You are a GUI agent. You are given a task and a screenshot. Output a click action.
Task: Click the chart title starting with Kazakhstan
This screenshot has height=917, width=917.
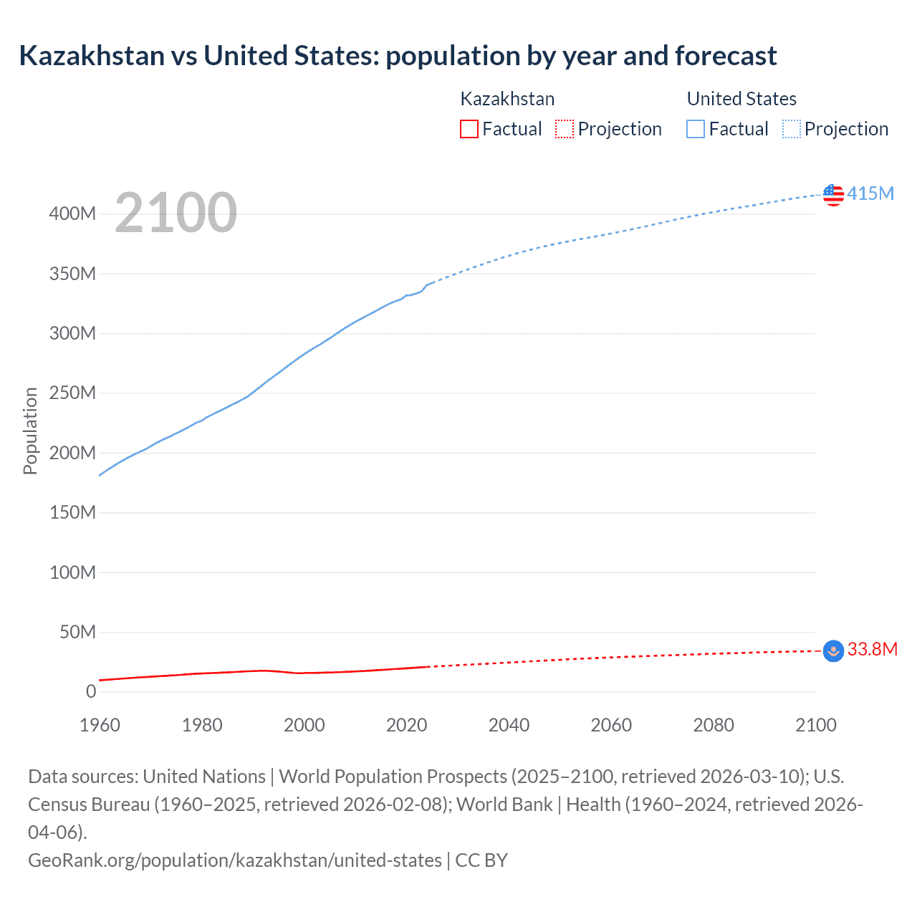coord(398,56)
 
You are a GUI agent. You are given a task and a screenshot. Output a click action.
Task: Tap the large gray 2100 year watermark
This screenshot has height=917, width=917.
coord(176,213)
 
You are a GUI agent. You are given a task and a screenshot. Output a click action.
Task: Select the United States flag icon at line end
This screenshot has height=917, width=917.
coord(833,194)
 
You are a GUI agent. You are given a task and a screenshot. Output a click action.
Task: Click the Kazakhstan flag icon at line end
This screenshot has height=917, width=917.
coord(833,650)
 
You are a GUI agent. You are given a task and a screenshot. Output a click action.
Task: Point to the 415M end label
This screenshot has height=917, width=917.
coord(870,193)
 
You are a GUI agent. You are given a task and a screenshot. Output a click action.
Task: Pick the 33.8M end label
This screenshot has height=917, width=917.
coord(872,649)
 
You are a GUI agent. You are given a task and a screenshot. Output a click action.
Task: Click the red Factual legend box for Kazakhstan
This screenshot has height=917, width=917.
coord(469,129)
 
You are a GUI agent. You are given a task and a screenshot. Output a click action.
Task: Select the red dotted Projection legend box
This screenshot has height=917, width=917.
coord(565,129)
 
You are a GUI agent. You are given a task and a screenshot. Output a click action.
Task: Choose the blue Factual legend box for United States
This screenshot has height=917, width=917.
coord(696,129)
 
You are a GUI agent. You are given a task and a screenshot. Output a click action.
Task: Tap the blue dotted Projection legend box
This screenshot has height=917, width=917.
coord(792,129)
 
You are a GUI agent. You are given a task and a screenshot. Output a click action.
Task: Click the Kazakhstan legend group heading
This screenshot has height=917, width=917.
coord(507,99)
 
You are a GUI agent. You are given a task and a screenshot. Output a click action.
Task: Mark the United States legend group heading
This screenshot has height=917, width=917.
coord(741,99)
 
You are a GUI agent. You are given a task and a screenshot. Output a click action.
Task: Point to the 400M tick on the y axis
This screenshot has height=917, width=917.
coord(72,213)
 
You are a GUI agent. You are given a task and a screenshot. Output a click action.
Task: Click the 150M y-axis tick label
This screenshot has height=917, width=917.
coord(72,512)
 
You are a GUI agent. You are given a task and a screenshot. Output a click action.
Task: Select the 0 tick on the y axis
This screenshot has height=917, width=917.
coord(91,691)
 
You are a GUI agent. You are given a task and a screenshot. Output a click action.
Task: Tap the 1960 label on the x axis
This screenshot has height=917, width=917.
coord(100,725)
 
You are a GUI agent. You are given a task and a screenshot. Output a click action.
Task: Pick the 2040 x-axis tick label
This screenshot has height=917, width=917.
coord(509,725)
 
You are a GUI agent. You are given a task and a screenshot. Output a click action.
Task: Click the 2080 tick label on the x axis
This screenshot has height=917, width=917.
coord(714,725)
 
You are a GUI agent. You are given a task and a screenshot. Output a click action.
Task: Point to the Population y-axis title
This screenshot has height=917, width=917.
coord(30,431)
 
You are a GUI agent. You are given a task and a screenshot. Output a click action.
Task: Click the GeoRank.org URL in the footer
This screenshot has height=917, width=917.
coord(235,860)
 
